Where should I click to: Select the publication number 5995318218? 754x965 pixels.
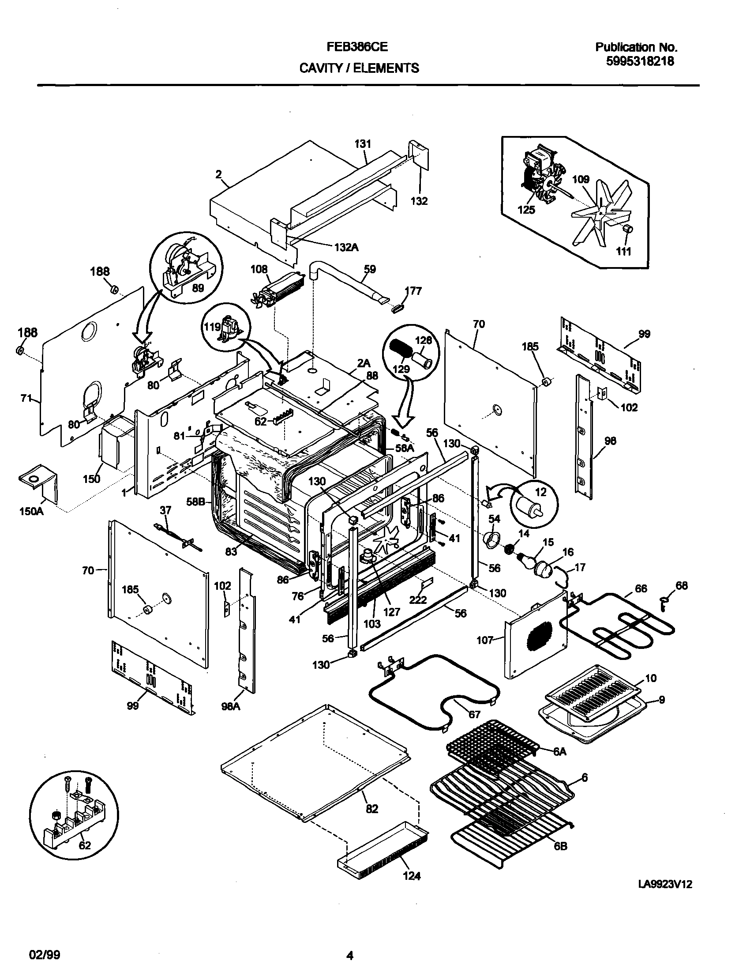(x=640, y=62)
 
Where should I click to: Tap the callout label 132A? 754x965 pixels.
(x=346, y=248)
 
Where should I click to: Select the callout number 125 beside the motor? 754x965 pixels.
(x=526, y=210)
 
